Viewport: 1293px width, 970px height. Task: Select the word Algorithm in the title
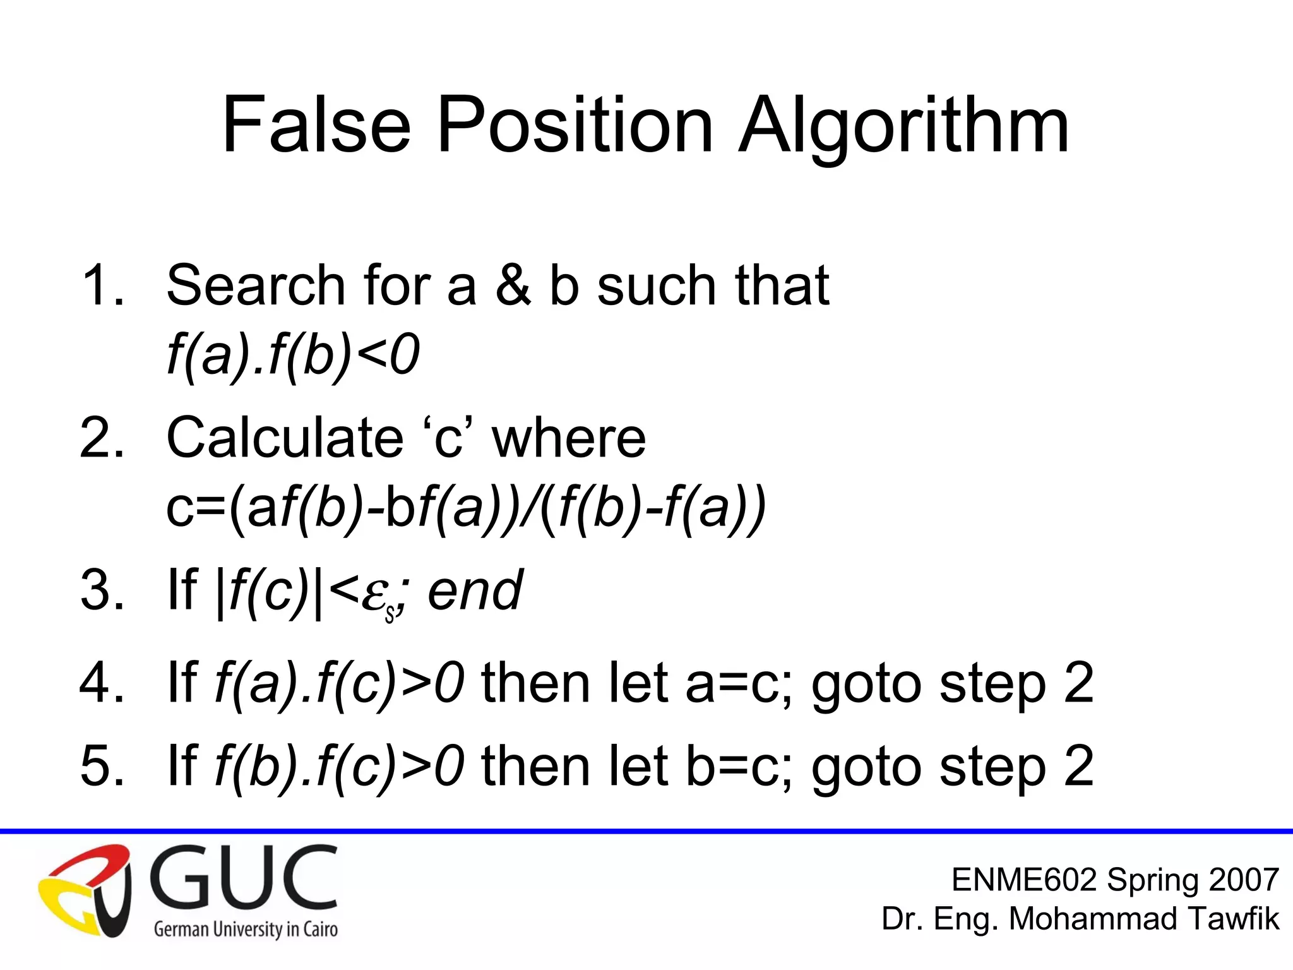point(903,126)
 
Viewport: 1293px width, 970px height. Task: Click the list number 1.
point(101,285)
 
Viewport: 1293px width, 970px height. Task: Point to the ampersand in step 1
point(513,285)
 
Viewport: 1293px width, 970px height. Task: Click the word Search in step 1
point(256,285)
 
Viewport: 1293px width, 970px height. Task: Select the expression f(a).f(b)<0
point(293,355)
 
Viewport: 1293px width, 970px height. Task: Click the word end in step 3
point(475,591)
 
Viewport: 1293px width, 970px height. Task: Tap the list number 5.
point(101,766)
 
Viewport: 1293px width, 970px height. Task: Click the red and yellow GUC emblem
point(85,890)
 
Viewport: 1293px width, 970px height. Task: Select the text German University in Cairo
point(246,930)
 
